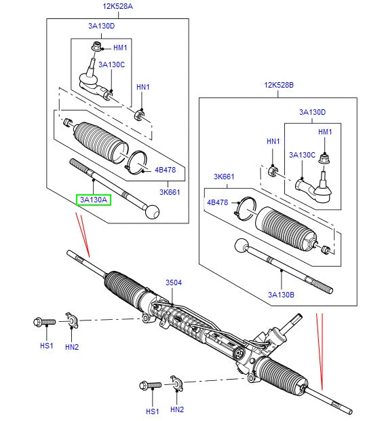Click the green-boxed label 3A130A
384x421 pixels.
(x=93, y=200)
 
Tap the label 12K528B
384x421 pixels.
(x=280, y=85)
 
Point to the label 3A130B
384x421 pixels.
(x=281, y=294)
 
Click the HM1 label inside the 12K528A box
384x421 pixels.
(x=120, y=48)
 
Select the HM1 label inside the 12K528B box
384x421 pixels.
(x=325, y=132)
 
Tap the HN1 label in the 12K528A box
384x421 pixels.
(x=142, y=88)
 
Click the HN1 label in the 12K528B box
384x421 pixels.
(x=273, y=141)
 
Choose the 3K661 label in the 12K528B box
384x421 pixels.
(x=223, y=177)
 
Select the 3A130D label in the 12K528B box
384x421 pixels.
(x=312, y=112)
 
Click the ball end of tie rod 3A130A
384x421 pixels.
(x=153, y=213)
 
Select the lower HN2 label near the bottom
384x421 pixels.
(x=177, y=409)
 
